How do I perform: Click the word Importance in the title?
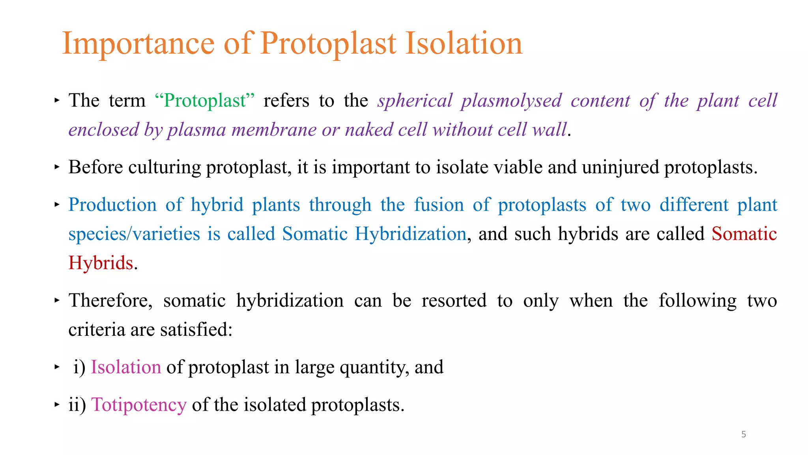pyautogui.click(x=138, y=43)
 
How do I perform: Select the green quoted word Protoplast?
pyautogui.click(x=205, y=101)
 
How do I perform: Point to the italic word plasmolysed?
pyautogui.click(x=511, y=101)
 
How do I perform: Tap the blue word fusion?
pyautogui.click(x=439, y=205)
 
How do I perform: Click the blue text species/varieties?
pyautogui.click(x=134, y=234)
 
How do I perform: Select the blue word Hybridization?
pyautogui.click(x=410, y=234)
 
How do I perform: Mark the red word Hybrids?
pyautogui.click(x=101, y=263)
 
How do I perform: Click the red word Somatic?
pyautogui.click(x=744, y=234)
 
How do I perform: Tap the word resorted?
pyautogui.click(x=454, y=301)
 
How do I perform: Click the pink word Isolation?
pyautogui.click(x=126, y=367)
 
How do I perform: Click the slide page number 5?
pyautogui.click(x=743, y=434)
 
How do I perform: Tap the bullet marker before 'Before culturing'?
pyautogui.click(x=57, y=167)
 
